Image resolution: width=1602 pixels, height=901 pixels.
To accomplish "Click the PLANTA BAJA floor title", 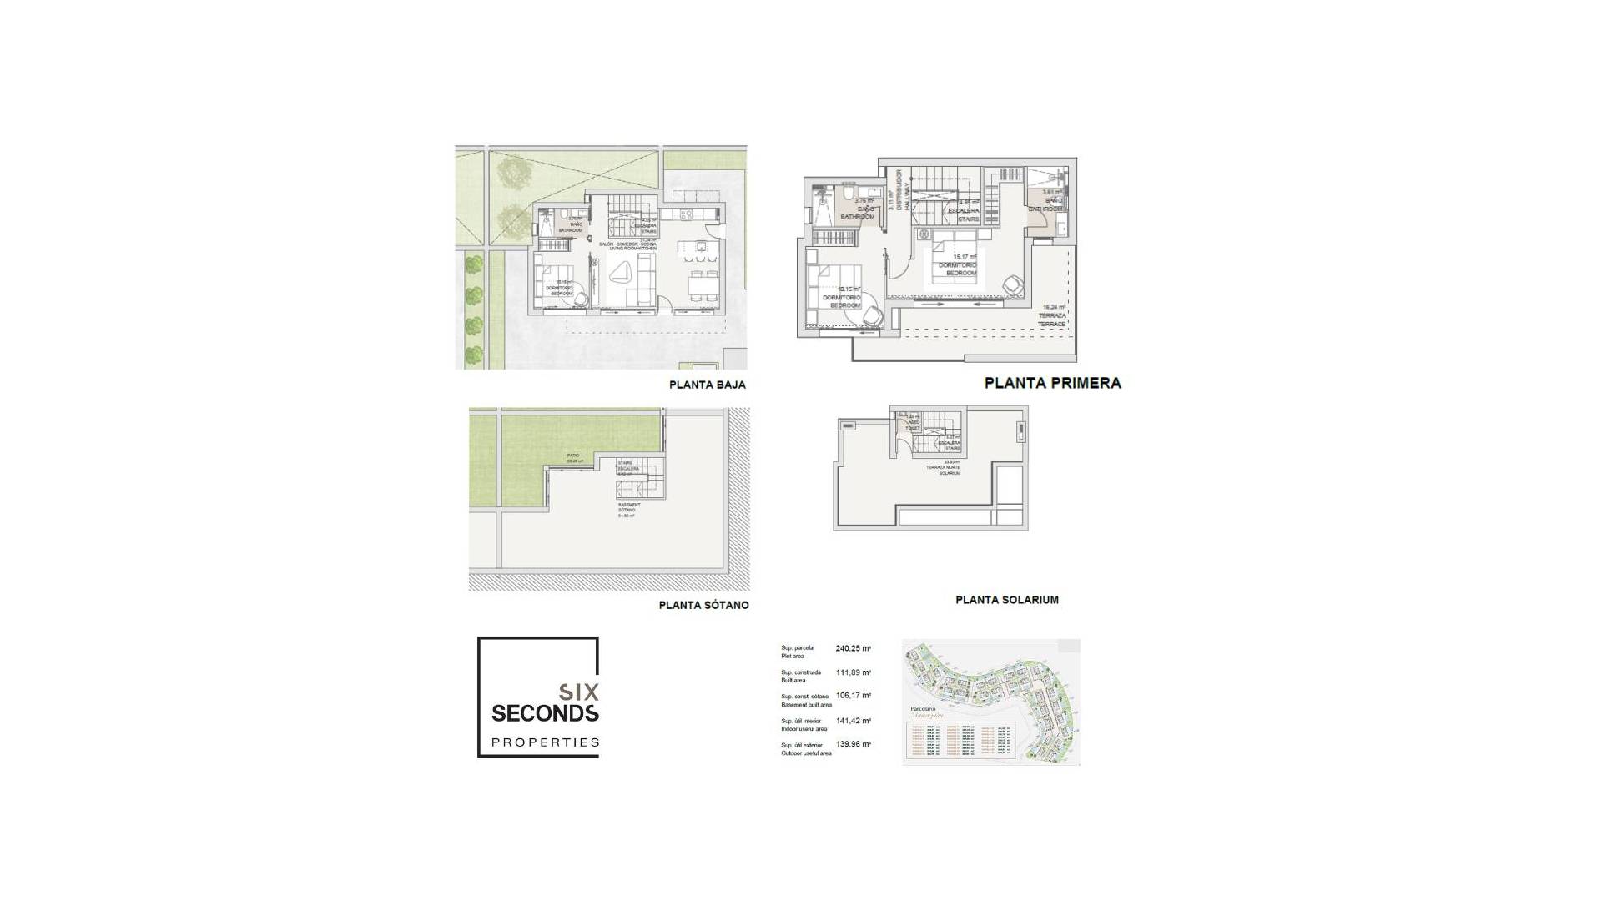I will (707, 385).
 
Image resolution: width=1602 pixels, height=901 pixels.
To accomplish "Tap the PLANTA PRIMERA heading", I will (1052, 383).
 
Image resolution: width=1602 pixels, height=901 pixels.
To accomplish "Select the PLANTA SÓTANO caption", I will (703, 606).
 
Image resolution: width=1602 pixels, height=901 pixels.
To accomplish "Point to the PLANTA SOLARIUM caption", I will (1006, 600).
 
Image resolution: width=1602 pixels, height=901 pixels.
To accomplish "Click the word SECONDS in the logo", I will (545, 713).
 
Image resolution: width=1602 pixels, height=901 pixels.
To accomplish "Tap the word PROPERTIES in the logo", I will (545, 742).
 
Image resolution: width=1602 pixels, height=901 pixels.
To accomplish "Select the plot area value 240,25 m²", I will (853, 648).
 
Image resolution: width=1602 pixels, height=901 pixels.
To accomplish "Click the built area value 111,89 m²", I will (853, 672).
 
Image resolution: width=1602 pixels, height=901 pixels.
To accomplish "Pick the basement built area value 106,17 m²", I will (853, 696).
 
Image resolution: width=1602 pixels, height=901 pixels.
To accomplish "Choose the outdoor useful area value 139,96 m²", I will (853, 745).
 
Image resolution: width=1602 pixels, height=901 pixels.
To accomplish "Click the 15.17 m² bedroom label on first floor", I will (957, 265).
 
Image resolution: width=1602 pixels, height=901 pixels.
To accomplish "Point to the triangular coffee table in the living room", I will (619, 273).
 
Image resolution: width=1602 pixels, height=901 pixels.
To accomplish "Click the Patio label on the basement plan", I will (572, 457).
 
